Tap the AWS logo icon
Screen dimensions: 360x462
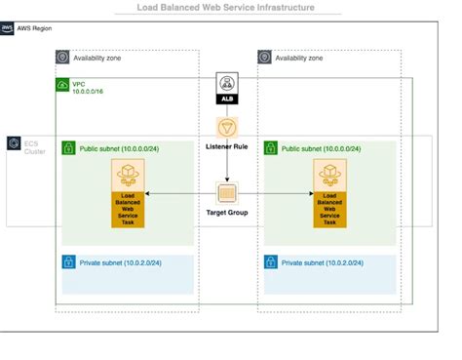click(8, 29)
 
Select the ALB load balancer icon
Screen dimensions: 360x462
click(228, 86)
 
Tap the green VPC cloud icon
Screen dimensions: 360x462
click(63, 87)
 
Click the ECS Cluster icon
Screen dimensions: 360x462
click(15, 144)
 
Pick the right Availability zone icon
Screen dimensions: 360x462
click(264, 58)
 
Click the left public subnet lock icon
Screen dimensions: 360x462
click(69, 148)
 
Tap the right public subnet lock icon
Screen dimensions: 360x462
click(271, 148)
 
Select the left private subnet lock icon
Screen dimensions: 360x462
click(69, 262)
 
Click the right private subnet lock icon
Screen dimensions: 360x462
click(271, 262)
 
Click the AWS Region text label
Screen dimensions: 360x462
click(37, 29)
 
